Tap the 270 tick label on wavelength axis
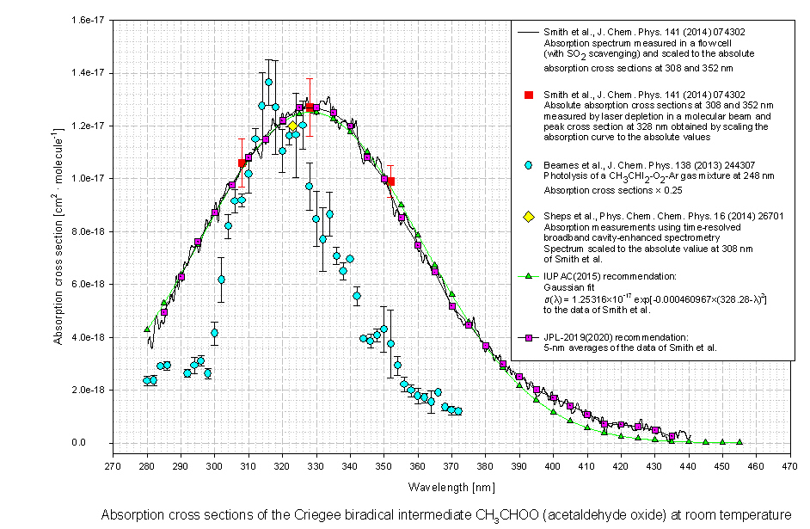(x=113, y=466)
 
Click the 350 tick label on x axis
(x=384, y=466)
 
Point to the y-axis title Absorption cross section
(x=58, y=231)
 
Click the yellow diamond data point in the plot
(x=292, y=126)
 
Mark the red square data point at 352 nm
(x=390, y=181)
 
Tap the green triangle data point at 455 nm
(x=739, y=442)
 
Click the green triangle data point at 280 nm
(x=147, y=329)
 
